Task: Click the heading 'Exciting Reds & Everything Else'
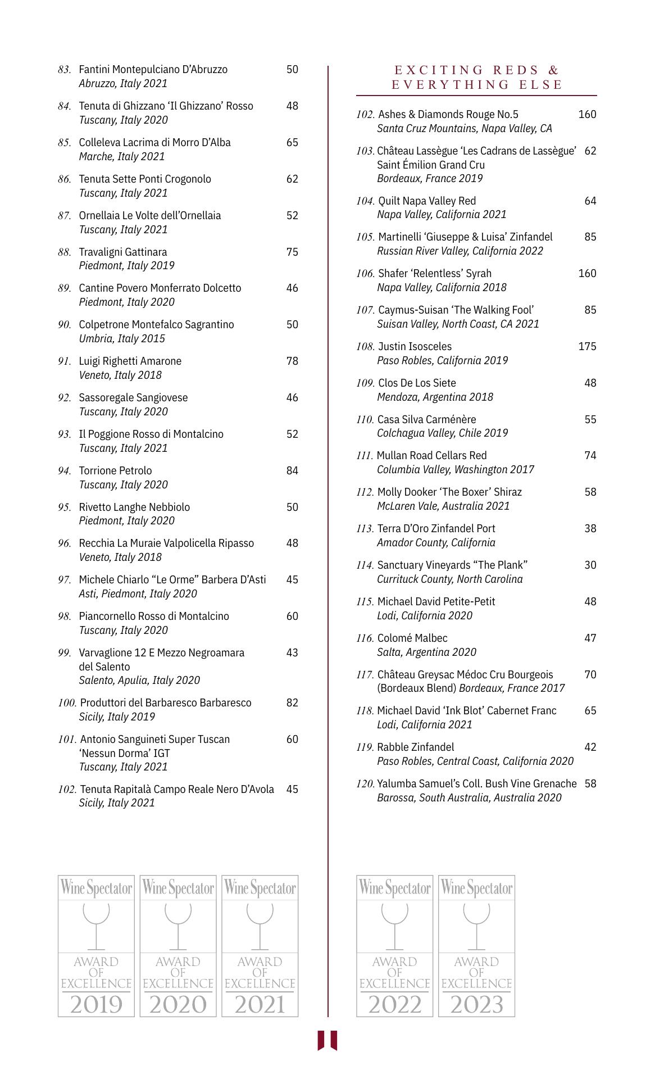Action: (x=476, y=78)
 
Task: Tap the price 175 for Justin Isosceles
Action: (x=587, y=347)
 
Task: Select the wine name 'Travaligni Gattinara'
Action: (x=122, y=252)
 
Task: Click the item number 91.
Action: (x=65, y=361)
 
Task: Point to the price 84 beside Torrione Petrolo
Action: (x=292, y=471)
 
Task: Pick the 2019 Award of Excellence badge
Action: (x=96, y=945)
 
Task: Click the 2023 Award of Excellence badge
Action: (x=476, y=945)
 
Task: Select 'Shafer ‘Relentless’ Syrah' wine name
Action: (x=434, y=274)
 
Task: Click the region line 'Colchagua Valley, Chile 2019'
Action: (x=442, y=433)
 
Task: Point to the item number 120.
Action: (x=365, y=784)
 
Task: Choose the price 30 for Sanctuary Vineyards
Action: (x=590, y=565)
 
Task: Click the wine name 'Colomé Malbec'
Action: (x=412, y=638)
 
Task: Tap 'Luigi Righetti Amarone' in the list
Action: (x=130, y=361)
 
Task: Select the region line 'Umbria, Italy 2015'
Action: (x=122, y=339)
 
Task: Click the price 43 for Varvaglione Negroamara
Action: (x=292, y=653)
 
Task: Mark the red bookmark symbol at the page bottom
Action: (x=327, y=1040)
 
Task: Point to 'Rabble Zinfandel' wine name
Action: (x=415, y=747)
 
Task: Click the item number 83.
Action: (x=65, y=70)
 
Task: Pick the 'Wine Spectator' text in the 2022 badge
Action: (x=394, y=888)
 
